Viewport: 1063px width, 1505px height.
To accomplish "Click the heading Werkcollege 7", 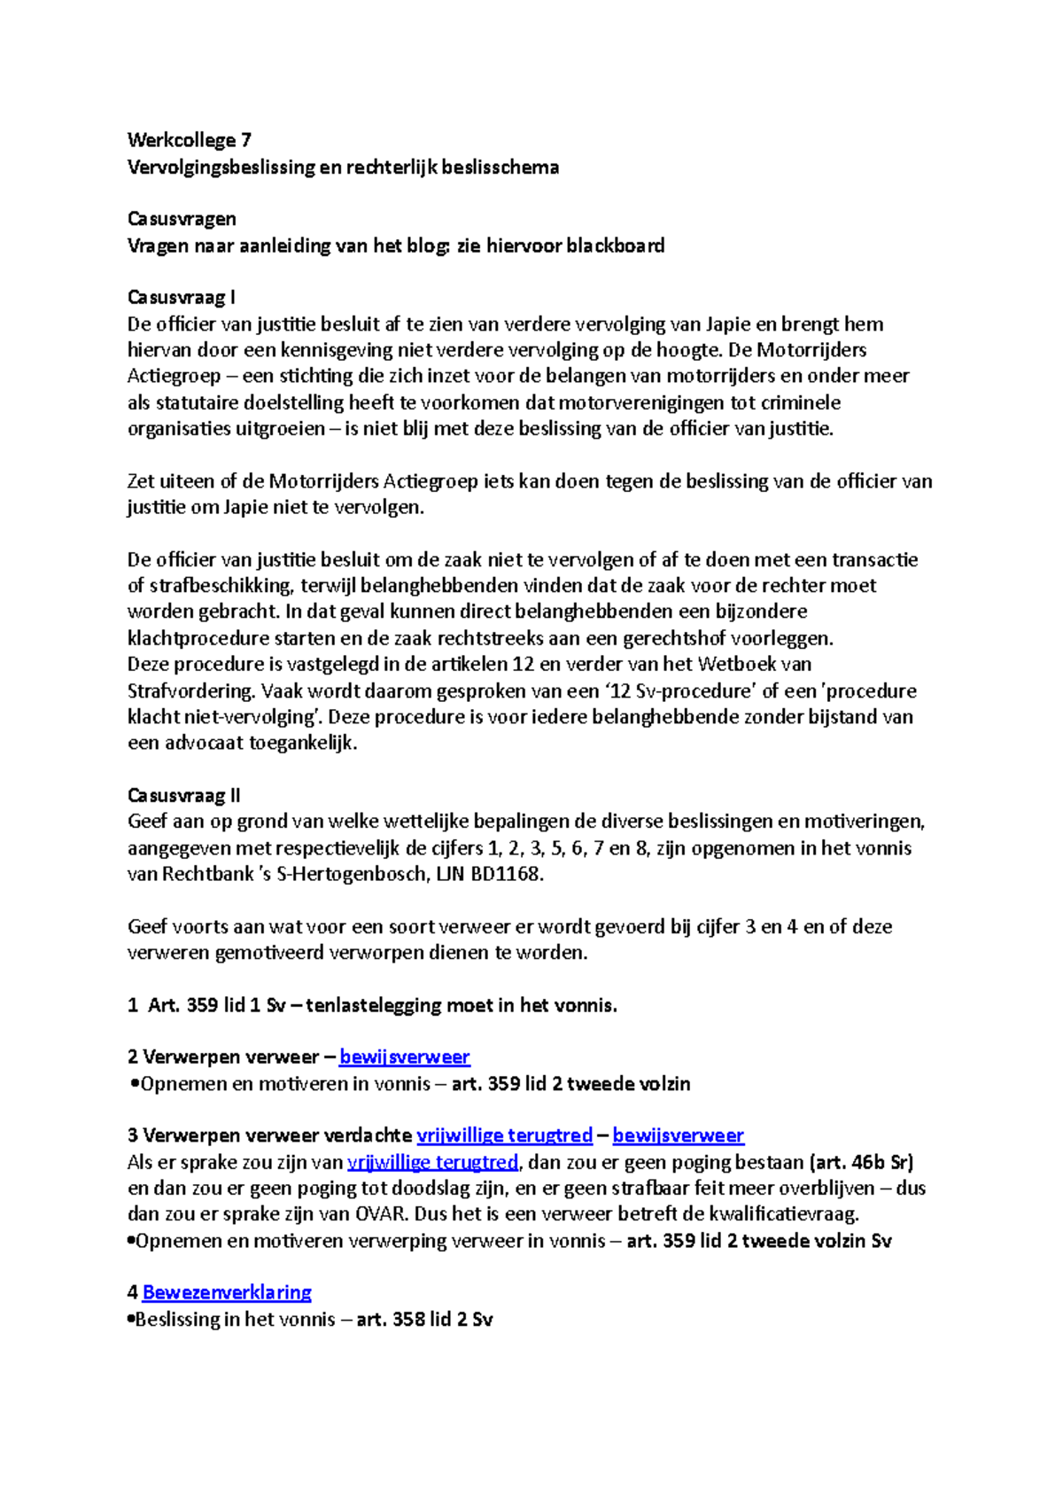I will point(189,140).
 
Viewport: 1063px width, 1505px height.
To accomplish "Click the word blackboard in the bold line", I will point(615,246).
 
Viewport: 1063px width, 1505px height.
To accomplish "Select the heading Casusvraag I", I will point(181,298).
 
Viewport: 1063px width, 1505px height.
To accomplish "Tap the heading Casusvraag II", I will point(183,795).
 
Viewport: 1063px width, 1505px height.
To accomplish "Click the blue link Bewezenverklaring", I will point(227,1292).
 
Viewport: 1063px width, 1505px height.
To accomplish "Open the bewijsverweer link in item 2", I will point(404,1057).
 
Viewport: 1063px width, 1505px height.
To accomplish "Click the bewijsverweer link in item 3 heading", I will point(678,1135).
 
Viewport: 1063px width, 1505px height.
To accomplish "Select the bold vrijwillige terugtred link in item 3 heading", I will point(504,1135).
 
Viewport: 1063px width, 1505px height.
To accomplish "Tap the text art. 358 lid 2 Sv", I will point(424,1319).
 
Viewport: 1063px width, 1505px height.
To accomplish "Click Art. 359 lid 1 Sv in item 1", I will point(217,1005).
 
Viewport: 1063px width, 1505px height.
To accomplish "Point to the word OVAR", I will point(382,1214).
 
